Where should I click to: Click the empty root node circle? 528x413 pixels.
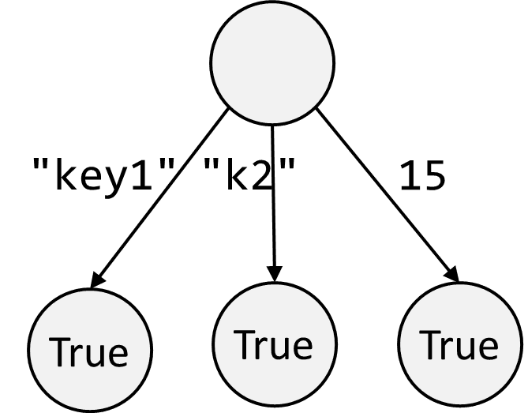[272, 63]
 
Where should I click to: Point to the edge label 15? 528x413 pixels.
[421, 177]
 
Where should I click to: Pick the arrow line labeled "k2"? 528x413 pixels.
[272, 213]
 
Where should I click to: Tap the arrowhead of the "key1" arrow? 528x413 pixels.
[98, 280]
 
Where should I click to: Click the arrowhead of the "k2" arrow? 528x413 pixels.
[272, 273]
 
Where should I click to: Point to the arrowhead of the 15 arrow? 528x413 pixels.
[452, 272]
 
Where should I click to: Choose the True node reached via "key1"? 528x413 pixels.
[89, 351]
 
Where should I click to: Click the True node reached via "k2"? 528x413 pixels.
[273, 344]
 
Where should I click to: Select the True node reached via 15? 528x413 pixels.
[459, 345]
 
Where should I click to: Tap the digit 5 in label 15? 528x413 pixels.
[433, 177]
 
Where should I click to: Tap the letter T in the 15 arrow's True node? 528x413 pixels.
[429, 345]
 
